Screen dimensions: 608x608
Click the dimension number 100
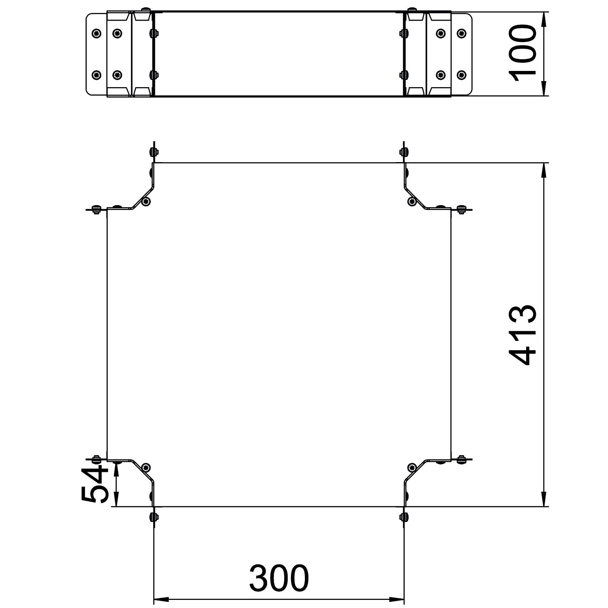point(522,53)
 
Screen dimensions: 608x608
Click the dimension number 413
point(522,335)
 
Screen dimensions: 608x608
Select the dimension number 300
point(279,578)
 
